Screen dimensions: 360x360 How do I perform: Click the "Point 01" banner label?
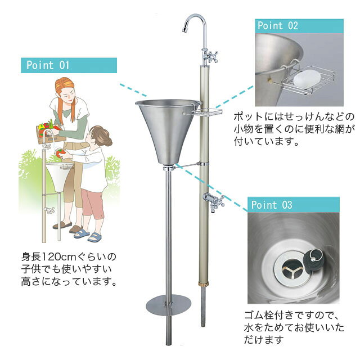coord(48,65)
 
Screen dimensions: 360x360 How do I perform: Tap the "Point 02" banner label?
coord(278,25)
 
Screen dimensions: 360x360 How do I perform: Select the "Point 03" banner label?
coord(272,205)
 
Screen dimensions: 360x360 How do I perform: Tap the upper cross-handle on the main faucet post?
coord(211,56)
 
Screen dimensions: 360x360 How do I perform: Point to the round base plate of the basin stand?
coord(169,305)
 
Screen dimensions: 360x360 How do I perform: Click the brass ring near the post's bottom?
coord(203,284)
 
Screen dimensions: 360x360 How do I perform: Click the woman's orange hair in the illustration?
coord(65,96)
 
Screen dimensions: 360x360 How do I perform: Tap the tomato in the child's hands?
coord(61,153)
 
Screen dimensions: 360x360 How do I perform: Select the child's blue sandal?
coord(94,237)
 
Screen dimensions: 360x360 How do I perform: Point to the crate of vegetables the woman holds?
coord(49,133)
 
